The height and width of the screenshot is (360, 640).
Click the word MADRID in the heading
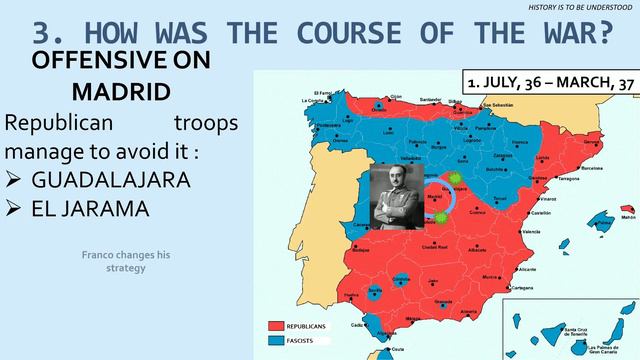pyautogui.click(x=120, y=91)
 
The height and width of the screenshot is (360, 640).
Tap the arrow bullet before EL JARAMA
pyautogui.click(x=15, y=210)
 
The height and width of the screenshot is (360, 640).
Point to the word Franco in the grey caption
pyautogui.click(x=99, y=255)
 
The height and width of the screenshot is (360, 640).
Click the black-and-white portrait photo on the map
pyautogui.click(x=394, y=198)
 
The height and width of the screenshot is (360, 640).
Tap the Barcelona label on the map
pyautogui.click(x=591, y=169)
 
